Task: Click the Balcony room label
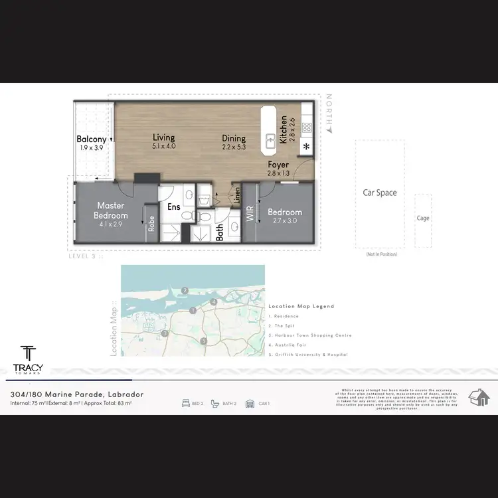(x=92, y=139)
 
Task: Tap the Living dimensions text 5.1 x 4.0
(x=163, y=146)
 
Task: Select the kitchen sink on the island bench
(x=271, y=140)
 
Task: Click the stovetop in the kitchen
(x=307, y=127)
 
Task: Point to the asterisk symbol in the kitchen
(x=306, y=147)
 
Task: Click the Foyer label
(x=279, y=164)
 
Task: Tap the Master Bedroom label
(x=111, y=210)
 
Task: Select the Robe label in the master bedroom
(x=151, y=224)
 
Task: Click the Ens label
(x=173, y=207)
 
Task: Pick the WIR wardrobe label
(x=250, y=214)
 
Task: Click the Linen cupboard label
(x=236, y=196)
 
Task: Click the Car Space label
(x=379, y=193)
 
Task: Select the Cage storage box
(x=423, y=216)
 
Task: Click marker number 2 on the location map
(x=186, y=290)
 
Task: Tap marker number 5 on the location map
(x=204, y=341)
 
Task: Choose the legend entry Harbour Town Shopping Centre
(x=309, y=335)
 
